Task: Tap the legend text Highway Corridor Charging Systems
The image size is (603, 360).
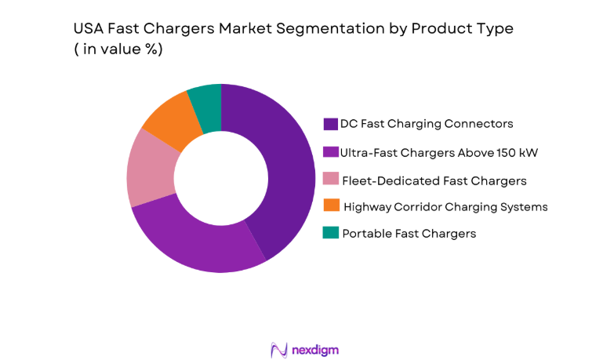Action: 445,207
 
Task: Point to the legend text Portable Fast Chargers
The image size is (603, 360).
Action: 409,234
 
